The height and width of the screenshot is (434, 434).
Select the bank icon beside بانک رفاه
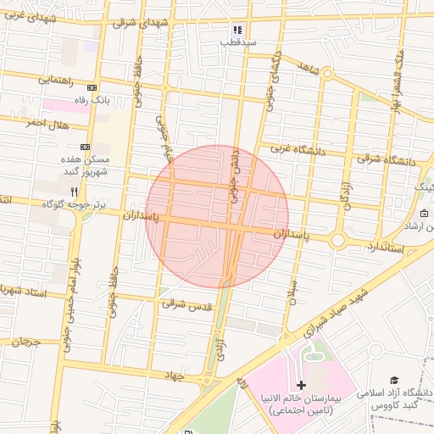point(92,87)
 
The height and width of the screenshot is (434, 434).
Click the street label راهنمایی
point(55,81)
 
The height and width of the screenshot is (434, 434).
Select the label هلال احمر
point(46,123)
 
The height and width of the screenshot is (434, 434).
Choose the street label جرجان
point(25,341)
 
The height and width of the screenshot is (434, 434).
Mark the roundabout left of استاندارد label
point(337,241)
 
